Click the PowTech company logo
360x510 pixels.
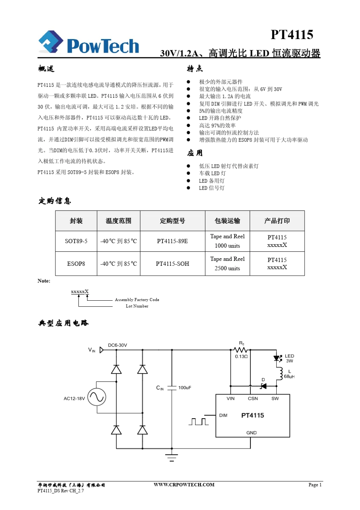[x=89, y=43]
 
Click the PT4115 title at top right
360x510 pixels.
[x=292, y=35]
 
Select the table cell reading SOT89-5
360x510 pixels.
[x=76, y=241]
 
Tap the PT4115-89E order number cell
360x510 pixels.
[x=172, y=241]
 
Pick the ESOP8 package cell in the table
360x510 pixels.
[x=76, y=264]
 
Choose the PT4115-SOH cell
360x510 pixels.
[x=172, y=264]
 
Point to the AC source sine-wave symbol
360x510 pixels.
[x=97, y=397]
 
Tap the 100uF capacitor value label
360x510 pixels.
[x=185, y=388]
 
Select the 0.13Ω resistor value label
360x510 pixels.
[x=241, y=357]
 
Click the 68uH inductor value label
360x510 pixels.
[x=289, y=377]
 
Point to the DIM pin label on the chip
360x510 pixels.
[x=223, y=415]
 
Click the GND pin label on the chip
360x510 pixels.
[x=251, y=433]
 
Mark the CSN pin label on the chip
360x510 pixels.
[x=253, y=399]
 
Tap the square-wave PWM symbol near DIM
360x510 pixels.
[x=199, y=421]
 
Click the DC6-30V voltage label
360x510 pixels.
[x=117, y=345]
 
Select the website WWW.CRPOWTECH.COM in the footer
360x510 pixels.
[x=184, y=485]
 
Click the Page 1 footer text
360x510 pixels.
[x=315, y=485]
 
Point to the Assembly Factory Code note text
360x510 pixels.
[x=137, y=300]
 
